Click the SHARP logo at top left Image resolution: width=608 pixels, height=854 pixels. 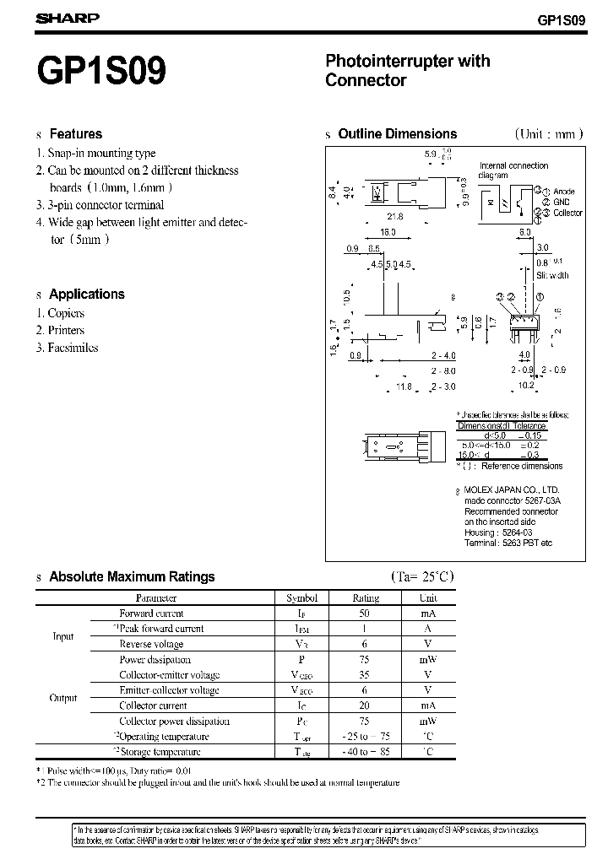(68, 18)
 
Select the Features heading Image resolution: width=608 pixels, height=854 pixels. (75, 134)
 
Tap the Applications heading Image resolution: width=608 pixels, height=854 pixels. (86, 295)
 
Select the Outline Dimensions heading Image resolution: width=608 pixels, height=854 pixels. (397, 134)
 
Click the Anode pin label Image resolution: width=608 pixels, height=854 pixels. (566, 192)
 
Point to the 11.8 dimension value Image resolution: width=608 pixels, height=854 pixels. (404, 386)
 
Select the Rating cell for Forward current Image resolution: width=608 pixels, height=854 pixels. (365, 613)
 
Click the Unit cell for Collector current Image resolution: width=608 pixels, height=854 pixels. (427, 705)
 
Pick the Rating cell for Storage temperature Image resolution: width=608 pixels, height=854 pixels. (365, 752)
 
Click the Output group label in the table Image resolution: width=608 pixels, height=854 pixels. (63, 698)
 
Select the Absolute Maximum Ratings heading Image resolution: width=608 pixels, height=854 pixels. (132, 577)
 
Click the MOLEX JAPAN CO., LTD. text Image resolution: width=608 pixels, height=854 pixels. (512, 490)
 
